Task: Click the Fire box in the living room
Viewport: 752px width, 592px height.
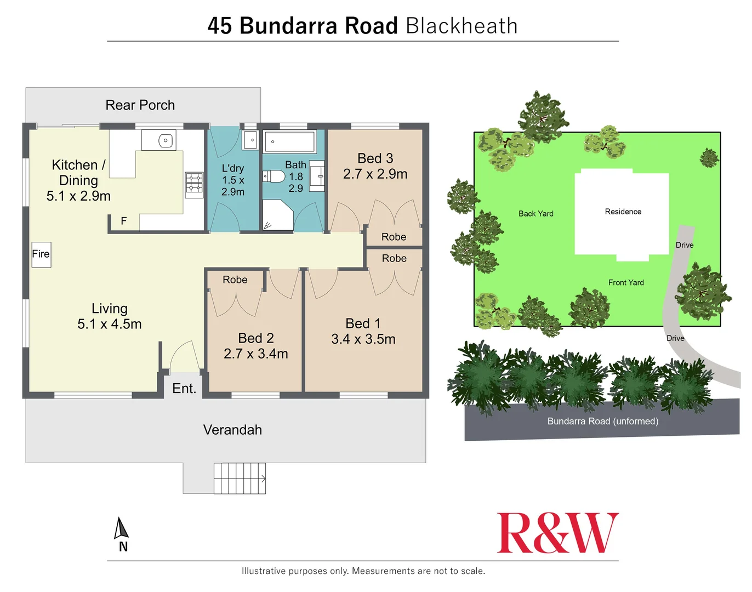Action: click(41, 254)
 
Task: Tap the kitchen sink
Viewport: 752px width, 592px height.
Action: click(165, 141)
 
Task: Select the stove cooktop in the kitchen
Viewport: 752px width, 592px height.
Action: click(194, 185)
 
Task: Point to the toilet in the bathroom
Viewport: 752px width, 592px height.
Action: click(274, 177)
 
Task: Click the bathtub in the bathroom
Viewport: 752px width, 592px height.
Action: click(290, 142)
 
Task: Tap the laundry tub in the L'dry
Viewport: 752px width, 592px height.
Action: click(250, 140)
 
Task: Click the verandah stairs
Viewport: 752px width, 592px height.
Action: click(240, 479)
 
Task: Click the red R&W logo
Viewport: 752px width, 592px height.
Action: click(557, 533)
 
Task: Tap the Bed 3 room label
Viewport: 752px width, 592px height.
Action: click(375, 158)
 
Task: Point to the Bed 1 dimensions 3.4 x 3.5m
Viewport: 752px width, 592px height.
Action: click(363, 339)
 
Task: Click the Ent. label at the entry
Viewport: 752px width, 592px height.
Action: click(184, 389)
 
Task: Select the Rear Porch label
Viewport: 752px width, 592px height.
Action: click(140, 105)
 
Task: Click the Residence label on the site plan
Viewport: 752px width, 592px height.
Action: click(623, 212)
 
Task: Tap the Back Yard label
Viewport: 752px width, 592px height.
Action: click(535, 214)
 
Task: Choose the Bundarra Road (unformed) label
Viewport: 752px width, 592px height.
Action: click(602, 421)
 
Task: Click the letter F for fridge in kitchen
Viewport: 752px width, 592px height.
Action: click(124, 221)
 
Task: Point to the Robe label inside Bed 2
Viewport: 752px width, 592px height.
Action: click(235, 280)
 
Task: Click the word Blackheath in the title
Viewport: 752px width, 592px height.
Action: click(462, 26)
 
